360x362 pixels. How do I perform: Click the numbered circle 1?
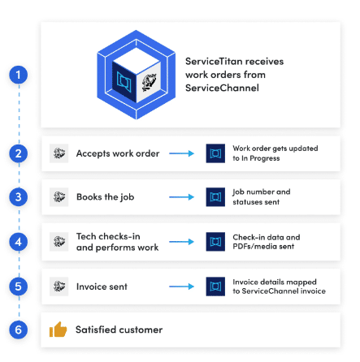[x=19, y=75]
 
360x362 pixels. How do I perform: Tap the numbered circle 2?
[x=19, y=153]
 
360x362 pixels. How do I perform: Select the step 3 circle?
[x=19, y=197]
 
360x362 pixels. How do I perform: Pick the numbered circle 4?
[x=19, y=242]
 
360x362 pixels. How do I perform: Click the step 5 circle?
[x=19, y=287]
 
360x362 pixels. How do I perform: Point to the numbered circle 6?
[x=19, y=330]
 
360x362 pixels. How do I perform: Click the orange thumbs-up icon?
[x=58, y=330]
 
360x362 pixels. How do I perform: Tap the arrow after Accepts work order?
[x=181, y=153]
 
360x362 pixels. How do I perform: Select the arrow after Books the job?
[x=181, y=197]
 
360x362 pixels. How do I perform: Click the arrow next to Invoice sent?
[x=181, y=287]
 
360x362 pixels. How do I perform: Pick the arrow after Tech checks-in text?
[x=181, y=242]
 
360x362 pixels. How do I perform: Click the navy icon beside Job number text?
[x=215, y=197]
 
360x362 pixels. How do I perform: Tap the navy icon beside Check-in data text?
[x=215, y=242]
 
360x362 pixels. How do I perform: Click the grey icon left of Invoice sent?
[x=59, y=287]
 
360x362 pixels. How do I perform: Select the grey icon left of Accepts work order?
[x=59, y=153]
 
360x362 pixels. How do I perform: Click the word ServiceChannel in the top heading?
[x=222, y=88]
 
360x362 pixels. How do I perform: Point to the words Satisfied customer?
[x=119, y=330]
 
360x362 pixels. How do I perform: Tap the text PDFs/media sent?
[x=263, y=247]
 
